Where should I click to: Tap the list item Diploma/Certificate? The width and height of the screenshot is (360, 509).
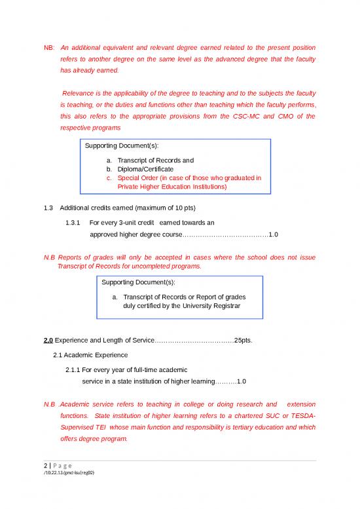(x=145, y=169)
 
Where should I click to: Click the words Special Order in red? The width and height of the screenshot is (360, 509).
(x=139, y=178)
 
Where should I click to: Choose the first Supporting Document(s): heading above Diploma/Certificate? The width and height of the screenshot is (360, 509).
(x=118, y=144)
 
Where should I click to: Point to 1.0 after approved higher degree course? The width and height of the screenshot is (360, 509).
(x=274, y=234)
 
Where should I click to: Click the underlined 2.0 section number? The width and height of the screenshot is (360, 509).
(x=48, y=340)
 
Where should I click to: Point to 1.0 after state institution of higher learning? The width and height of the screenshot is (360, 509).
(x=242, y=381)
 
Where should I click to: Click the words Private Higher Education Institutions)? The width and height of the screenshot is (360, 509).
(x=172, y=186)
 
